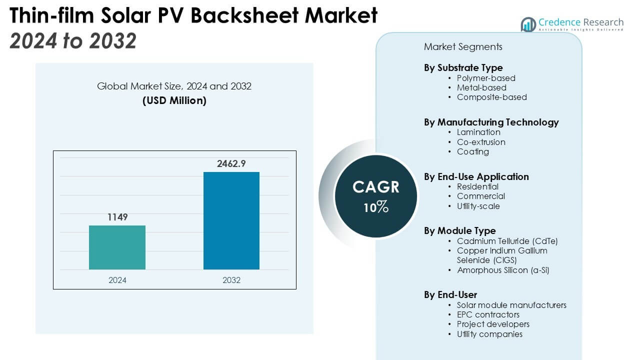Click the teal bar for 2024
click(117, 247)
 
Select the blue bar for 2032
click(231, 220)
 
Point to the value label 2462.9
click(231, 163)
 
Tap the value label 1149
click(117, 217)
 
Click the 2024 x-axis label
click(117, 280)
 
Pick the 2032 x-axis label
click(231, 280)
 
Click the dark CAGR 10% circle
click(376, 195)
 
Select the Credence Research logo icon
click(528, 24)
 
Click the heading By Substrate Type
click(463, 67)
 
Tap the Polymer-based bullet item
click(486, 78)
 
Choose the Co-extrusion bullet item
click(481, 142)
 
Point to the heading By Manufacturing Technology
click(491, 122)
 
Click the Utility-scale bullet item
click(478, 206)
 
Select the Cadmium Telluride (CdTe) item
click(507, 241)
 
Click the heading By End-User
click(450, 294)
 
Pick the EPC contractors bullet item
click(488, 314)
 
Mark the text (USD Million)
click(174, 100)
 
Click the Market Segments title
click(463, 47)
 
